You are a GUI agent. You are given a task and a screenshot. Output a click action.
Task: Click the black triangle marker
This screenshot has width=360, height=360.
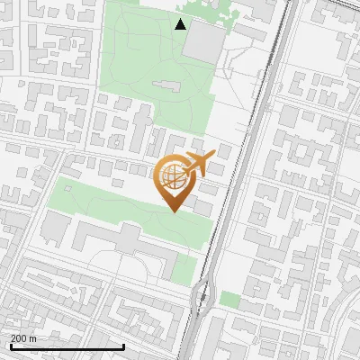181,24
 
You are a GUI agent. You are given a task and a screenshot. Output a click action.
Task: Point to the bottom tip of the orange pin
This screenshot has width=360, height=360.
174,211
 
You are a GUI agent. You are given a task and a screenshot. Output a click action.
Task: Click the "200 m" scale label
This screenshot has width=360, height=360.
23,338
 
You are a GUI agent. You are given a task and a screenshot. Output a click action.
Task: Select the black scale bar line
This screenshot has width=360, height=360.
67,346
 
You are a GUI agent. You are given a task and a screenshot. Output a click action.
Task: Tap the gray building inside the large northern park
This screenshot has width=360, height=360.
166,86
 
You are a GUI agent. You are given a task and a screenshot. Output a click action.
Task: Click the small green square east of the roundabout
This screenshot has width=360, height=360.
230,299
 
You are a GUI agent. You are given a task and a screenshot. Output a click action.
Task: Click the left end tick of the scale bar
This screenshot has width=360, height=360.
10,346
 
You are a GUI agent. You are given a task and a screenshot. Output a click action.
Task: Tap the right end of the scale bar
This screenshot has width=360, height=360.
123,346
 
